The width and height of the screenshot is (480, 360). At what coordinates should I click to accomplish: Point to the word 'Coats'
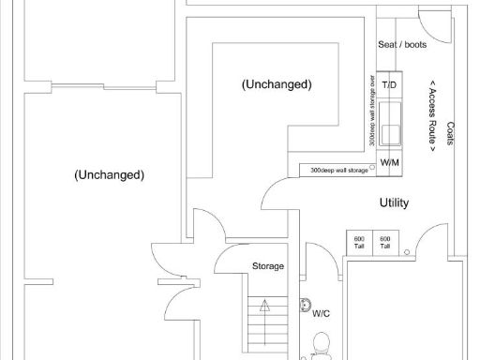point(451,134)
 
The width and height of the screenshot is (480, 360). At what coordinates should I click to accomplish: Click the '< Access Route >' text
point(432,116)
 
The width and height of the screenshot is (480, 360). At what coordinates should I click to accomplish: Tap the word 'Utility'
point(394,202)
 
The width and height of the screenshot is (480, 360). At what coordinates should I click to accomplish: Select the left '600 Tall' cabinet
point(359,242)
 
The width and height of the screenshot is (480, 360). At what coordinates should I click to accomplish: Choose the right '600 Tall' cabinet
point(385,242)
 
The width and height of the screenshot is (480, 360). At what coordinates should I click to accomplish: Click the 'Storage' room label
point(268,266)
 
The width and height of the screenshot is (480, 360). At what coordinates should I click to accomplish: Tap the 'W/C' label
point(321,313)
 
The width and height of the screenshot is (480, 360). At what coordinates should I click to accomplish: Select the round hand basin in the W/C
point(305,306)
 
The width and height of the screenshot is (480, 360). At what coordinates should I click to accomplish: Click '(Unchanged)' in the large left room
point(111,174)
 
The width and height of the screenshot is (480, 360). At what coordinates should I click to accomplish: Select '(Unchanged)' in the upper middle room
point(277,84)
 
